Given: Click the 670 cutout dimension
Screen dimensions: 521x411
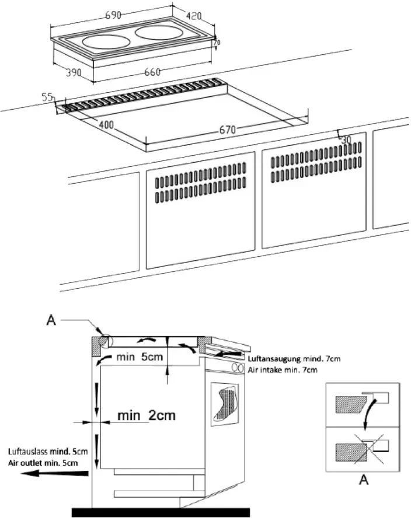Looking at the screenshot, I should point(228,130).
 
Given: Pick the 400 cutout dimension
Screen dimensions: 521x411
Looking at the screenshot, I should point(106,124).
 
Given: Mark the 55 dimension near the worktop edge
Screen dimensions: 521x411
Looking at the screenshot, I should point(47,97).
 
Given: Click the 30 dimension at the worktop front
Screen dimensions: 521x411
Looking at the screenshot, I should point(346,140).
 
